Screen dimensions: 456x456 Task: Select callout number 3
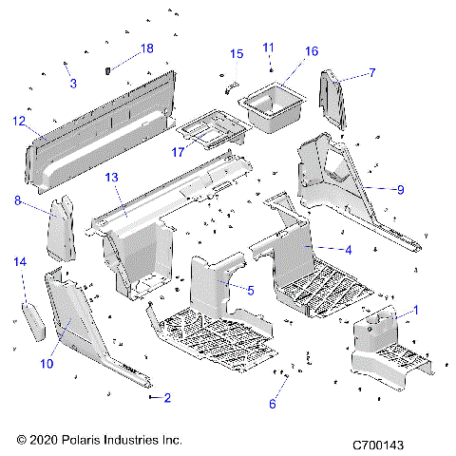click(x=72, y=84)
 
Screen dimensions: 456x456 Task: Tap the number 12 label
click(x=19, y=121)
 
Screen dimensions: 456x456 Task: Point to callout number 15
click(x=237, y=53)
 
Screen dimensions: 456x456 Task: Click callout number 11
click(x=268, y=47)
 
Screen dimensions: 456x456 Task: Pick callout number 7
click(x=371, y=71)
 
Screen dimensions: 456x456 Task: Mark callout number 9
click(x=400, y=190)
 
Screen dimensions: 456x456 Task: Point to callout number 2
click(x=167, y=397)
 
